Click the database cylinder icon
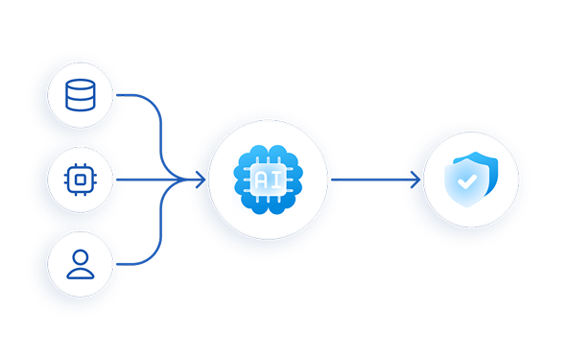click(x=81, y=95)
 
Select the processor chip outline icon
click(x=81, y=180)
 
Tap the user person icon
click(x=81, y=265)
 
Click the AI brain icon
click(x=268, y=180)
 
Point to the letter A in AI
click(x=261, y=180)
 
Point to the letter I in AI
click(x=276, y=180)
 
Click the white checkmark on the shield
click(x=467, y=181)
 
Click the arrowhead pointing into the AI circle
click(x=201, y=180)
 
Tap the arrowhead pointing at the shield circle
click(x=415, y=180)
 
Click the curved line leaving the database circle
click(x=160, y=131)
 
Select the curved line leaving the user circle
click(x=160, y=228)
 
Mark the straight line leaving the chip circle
click(x=152, y=180)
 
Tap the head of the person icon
click(x=81, y=257)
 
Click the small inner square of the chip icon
click(x=81, y=180)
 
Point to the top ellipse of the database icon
click(x=81, y=84)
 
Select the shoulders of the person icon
click(x=81, y=274)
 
